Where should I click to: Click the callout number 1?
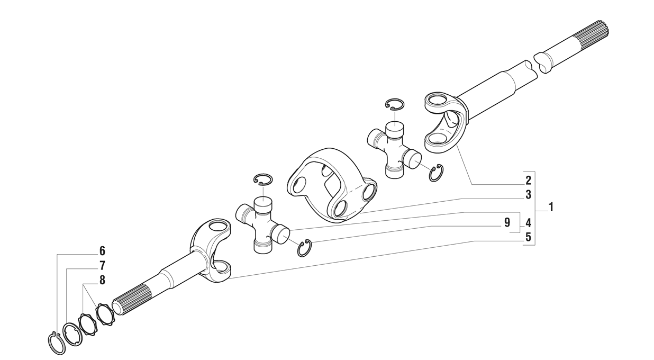click(x=551, y=207)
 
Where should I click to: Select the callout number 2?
click(x=528, y=181)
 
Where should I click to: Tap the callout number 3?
click(x=528, y=195)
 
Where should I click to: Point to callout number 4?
click(x=528, y=223)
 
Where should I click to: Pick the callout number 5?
click(x=528, y=237)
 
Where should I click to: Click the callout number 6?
click(x=102, y=251)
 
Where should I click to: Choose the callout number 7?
click(x=102, y=266)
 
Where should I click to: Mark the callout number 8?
click(x=102, y=280)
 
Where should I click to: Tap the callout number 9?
click(x=507, y=223)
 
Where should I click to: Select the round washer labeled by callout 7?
click(x=72, y=335)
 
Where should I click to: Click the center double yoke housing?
click(x=332, y=185)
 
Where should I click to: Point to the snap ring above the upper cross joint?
click(x=395, y=104)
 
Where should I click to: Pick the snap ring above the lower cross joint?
click(x=264, y=179)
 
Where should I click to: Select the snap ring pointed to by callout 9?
click(x=305, y=248)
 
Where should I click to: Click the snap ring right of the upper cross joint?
click(x=437, y=173)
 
